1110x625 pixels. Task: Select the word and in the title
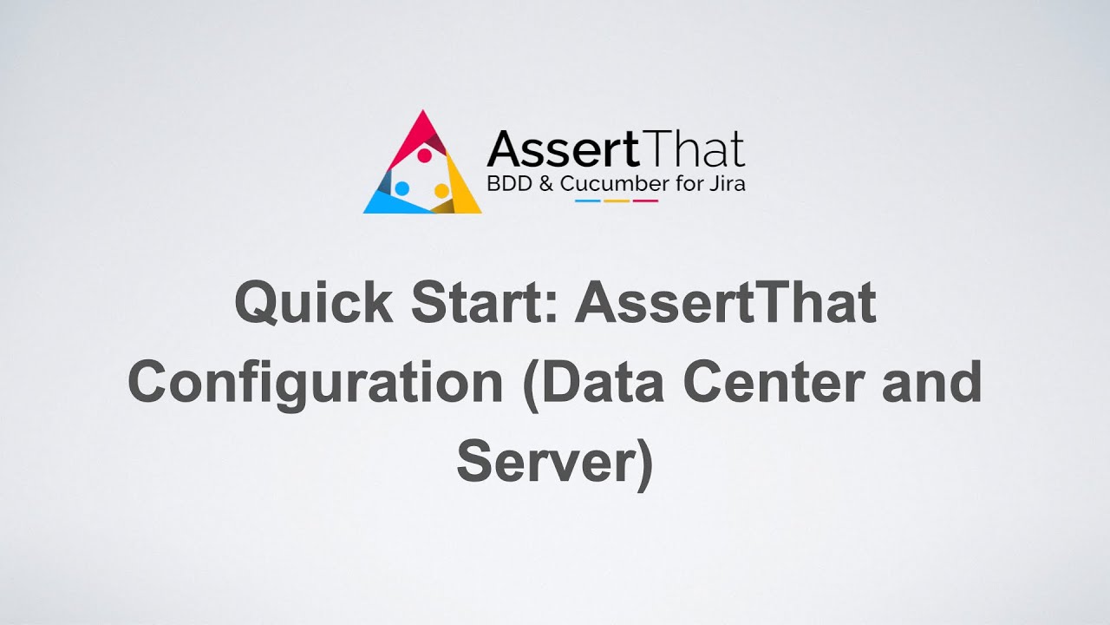coord(932,383)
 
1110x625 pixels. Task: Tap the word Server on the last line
coord(546,463)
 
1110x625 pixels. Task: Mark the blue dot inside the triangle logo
coord(402,187)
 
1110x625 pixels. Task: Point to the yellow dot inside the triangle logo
coord(441,190)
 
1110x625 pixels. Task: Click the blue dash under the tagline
coord(588,201)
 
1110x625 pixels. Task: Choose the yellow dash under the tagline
coord(617,201)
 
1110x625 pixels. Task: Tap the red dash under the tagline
coord(645,201)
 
